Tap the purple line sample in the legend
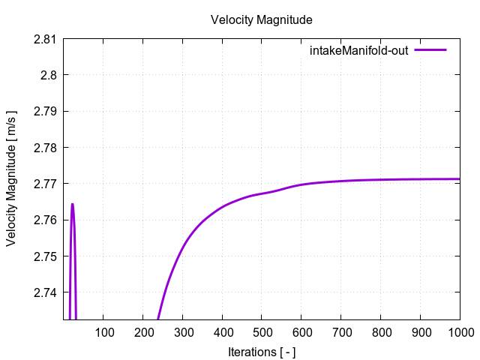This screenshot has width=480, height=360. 430,50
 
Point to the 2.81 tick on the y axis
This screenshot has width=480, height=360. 46,39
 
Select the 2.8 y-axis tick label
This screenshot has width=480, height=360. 49,75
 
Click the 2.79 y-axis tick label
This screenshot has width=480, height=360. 46,111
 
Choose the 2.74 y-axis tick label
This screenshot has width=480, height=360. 46,292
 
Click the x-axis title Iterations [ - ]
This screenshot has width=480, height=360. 261,351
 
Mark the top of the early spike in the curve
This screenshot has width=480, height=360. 72,204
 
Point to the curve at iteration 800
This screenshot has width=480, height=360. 380,180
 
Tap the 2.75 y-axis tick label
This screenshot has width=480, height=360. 46,256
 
